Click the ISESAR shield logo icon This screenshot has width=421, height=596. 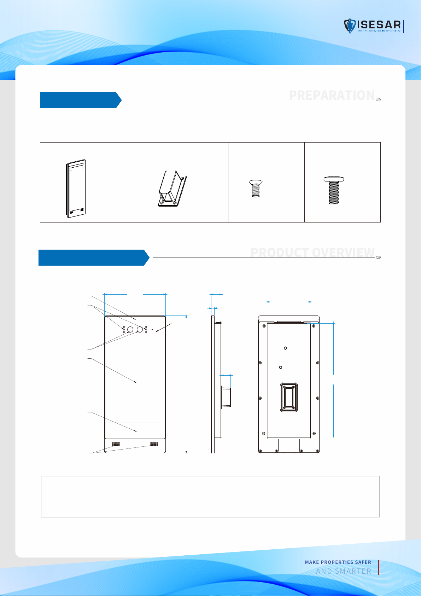click(x=350, y=26)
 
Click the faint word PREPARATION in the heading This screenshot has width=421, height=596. click(x=332, y=95)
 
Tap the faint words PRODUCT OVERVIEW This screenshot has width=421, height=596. click(x=312, y=253)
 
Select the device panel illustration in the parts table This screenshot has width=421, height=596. click(x=76, y=188)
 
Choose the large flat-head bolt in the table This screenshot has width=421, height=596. click(x=334, y=191)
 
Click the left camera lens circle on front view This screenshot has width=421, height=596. click(x=130, y=330)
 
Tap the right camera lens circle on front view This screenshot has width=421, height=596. click(x=140, y=330)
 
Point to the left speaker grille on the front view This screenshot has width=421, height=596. click(x=116, y=444)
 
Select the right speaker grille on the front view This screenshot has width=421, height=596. click(x=154, y=444)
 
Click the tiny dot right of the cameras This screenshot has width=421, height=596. click(x=152, y=330)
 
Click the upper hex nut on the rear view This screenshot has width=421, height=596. click(x=285, y=348)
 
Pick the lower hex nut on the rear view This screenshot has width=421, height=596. click(x=281, y=367)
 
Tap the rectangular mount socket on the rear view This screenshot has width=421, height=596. click(x=289, y=397)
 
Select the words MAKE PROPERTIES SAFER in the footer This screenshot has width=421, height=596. click(x=338, y=562)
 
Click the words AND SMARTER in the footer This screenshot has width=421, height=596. click(x=344, y=571)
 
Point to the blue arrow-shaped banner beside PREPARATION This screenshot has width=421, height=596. click(x=81, y=100)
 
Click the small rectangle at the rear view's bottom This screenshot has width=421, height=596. click(x=289, y=445)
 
